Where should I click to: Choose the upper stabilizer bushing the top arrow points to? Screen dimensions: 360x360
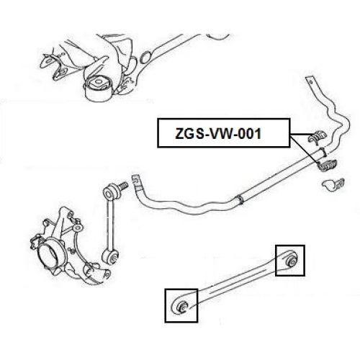(318, 135)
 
